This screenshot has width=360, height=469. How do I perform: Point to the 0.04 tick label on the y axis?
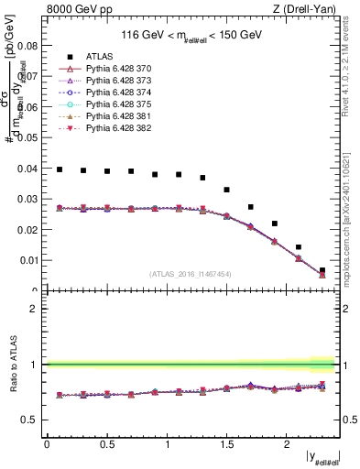[x=29, y=169]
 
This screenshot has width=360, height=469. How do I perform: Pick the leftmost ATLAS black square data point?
[x=60, y=169]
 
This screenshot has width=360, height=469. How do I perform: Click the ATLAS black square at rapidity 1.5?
[x=227, y=190]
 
